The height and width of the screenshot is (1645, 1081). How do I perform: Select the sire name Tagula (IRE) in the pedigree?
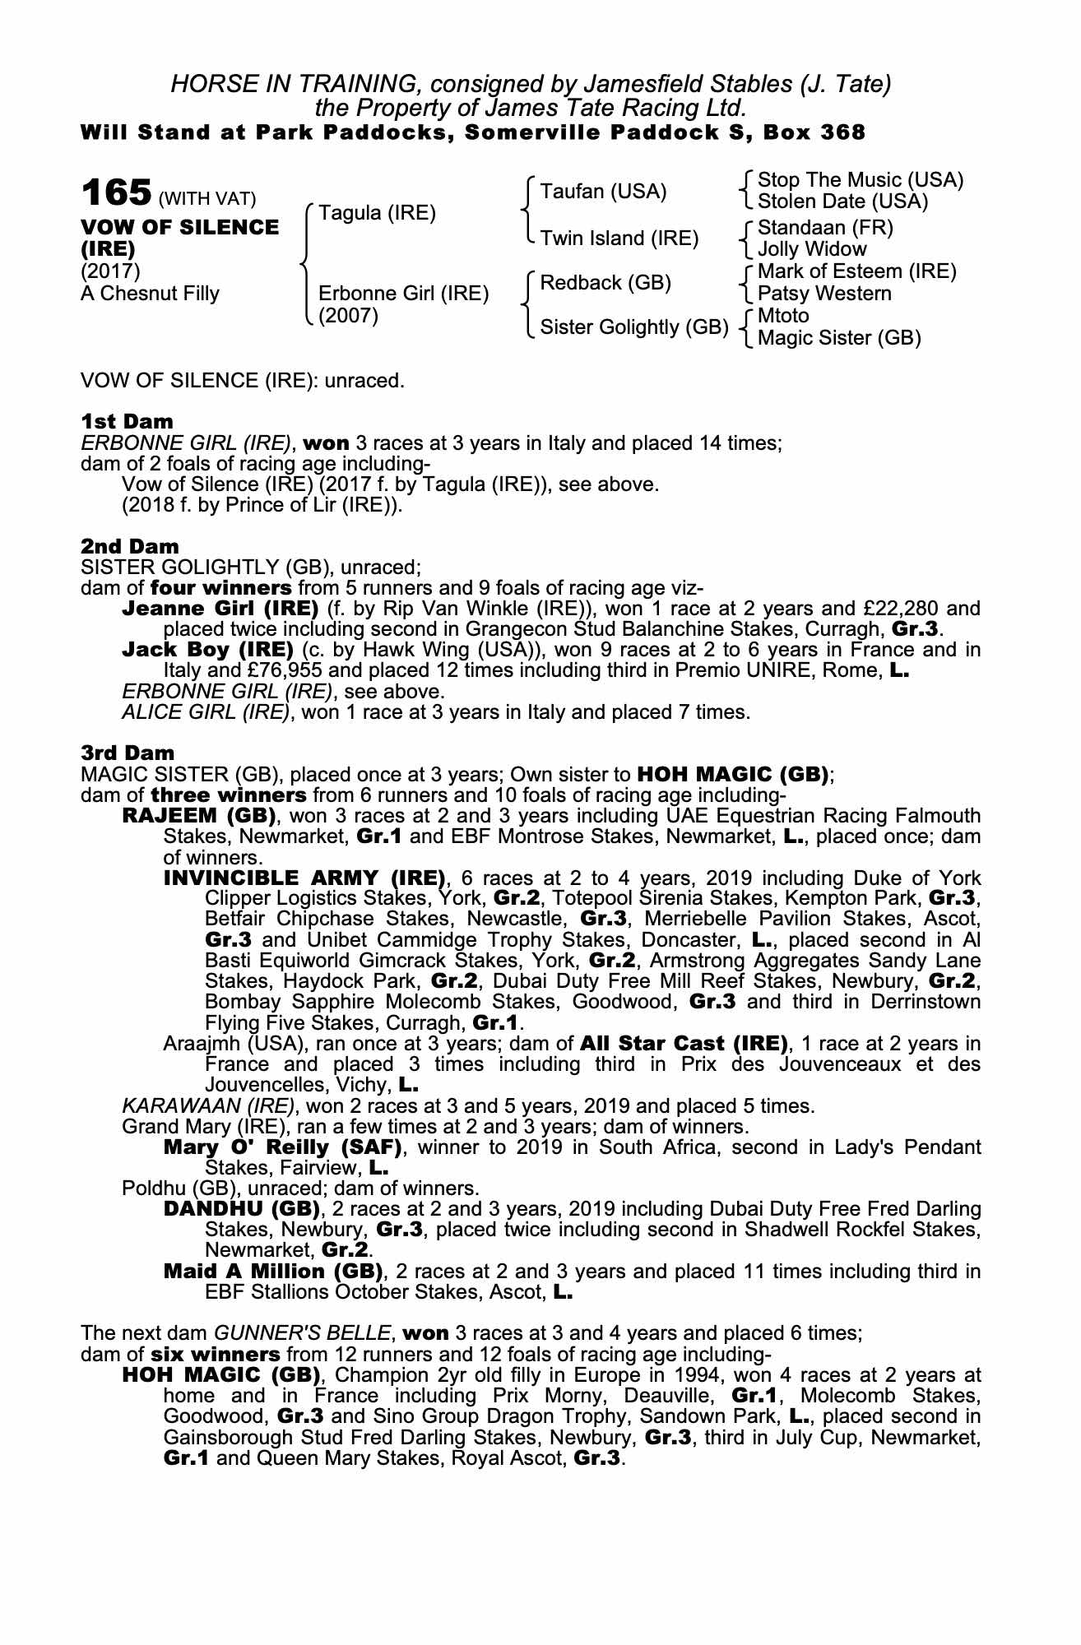(x=377, y=213)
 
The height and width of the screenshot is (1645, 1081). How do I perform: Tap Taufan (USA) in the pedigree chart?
(x=603, y=192)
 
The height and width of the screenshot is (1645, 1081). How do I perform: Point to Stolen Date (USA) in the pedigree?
(x=842, y=202)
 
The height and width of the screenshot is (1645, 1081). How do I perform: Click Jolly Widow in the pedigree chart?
(x=812, y=249)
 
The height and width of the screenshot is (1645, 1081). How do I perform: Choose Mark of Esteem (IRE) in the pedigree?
(x=856, y=271)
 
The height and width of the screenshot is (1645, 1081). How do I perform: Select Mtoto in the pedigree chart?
(x=783, y=316)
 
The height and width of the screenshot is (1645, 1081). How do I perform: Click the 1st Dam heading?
(x=127, y=422)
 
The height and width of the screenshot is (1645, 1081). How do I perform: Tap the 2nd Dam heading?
(x=129, y=546)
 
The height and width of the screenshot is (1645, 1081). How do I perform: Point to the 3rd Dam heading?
(x=128, y=753)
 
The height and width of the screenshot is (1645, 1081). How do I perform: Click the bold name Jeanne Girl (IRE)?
(x=220, y=609)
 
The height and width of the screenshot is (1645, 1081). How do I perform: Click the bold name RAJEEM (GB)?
(x=198, y=816)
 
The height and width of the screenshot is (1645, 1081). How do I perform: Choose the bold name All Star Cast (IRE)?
(x=684, y=1044)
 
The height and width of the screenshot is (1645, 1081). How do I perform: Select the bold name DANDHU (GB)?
(x=241, y=1209)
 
